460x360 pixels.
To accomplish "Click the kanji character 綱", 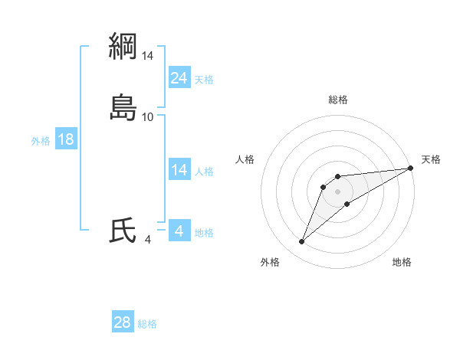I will point(123,46).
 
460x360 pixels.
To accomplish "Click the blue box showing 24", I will point(179,77).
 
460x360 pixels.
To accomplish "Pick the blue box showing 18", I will point(66,139).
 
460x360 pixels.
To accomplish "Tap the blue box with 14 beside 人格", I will point(179,170).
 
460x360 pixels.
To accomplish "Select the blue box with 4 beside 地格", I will point(179,231).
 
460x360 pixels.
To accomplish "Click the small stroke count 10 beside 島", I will point(148,116).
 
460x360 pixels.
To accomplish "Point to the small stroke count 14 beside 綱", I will point(148,55).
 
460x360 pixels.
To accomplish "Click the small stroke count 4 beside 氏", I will point(148,240).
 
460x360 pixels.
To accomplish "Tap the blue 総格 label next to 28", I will point(147,324).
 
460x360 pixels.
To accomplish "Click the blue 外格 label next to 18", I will point(41,141).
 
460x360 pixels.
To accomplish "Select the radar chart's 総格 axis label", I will point(338,100).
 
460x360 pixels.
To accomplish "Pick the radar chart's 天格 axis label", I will point(431,159).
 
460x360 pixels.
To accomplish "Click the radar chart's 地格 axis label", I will point(402,262).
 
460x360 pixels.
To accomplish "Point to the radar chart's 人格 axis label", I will point(245,159).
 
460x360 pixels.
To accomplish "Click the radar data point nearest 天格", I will point(410,169).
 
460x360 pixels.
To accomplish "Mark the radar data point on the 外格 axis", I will point(301,242).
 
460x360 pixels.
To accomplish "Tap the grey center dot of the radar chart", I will point(338,191).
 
